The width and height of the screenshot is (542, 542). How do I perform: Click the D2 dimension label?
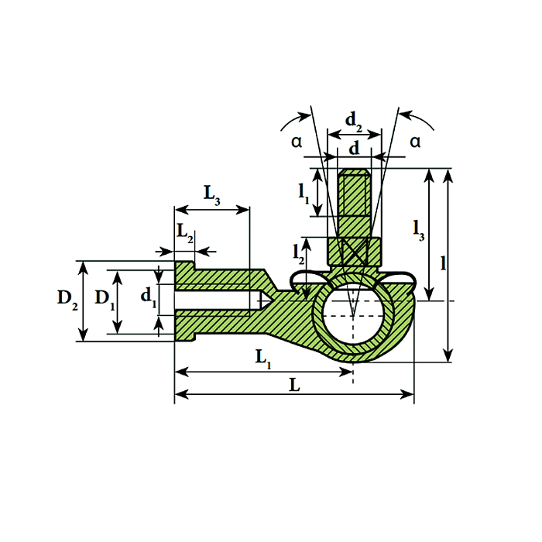click(x=67, y=299)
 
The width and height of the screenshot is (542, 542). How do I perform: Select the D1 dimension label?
click(x=105, y=299)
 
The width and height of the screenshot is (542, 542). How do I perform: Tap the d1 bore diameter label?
click(x=149, y=297)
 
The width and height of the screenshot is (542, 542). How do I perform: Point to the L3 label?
click(x=211, y=195)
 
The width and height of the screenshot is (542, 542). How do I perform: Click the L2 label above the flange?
click(x=185, y=233)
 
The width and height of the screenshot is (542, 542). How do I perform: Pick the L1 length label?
click(x=263, y=358)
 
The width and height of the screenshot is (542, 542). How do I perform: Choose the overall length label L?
click(x=294, y=385)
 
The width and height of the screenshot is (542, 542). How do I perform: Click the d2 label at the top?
click(x=354, y=122)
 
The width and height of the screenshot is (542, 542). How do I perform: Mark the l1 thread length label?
click(x=304, y=194)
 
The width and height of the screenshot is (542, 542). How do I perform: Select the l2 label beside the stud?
click(x=299, y=254)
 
